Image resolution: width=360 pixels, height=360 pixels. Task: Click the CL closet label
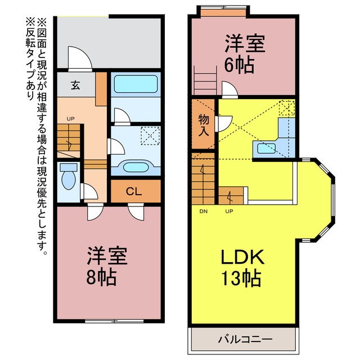point(134,191)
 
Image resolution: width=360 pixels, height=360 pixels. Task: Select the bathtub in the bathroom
point(136,84)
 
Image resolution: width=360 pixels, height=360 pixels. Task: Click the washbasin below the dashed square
point(136,167)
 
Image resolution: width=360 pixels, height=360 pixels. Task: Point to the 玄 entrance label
point(75,85)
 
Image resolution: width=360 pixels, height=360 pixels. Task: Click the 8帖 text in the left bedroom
point(101,277)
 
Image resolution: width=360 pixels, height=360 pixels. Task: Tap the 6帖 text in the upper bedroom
point(239,65)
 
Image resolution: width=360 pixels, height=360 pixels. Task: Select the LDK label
point(242,256)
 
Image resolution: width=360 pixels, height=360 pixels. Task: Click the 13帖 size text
point(241,278)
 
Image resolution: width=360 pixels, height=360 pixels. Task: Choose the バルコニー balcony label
point(245,339)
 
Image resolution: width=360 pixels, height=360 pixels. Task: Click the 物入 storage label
point(204,125)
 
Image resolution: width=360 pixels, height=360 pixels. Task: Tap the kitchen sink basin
point(266,148)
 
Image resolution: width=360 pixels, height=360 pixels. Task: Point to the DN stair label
point(204,211)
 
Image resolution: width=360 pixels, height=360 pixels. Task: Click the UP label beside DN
point(229,211)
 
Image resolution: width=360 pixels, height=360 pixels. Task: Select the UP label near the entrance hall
point(70,119)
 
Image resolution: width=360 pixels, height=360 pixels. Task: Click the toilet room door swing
point(89,191)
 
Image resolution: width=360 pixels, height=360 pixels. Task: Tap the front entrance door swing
point(80,58)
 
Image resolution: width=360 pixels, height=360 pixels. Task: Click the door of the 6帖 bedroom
point(230,90)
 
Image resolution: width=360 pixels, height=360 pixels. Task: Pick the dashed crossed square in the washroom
point(150,136)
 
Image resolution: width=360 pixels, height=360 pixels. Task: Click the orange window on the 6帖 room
point(223,12)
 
